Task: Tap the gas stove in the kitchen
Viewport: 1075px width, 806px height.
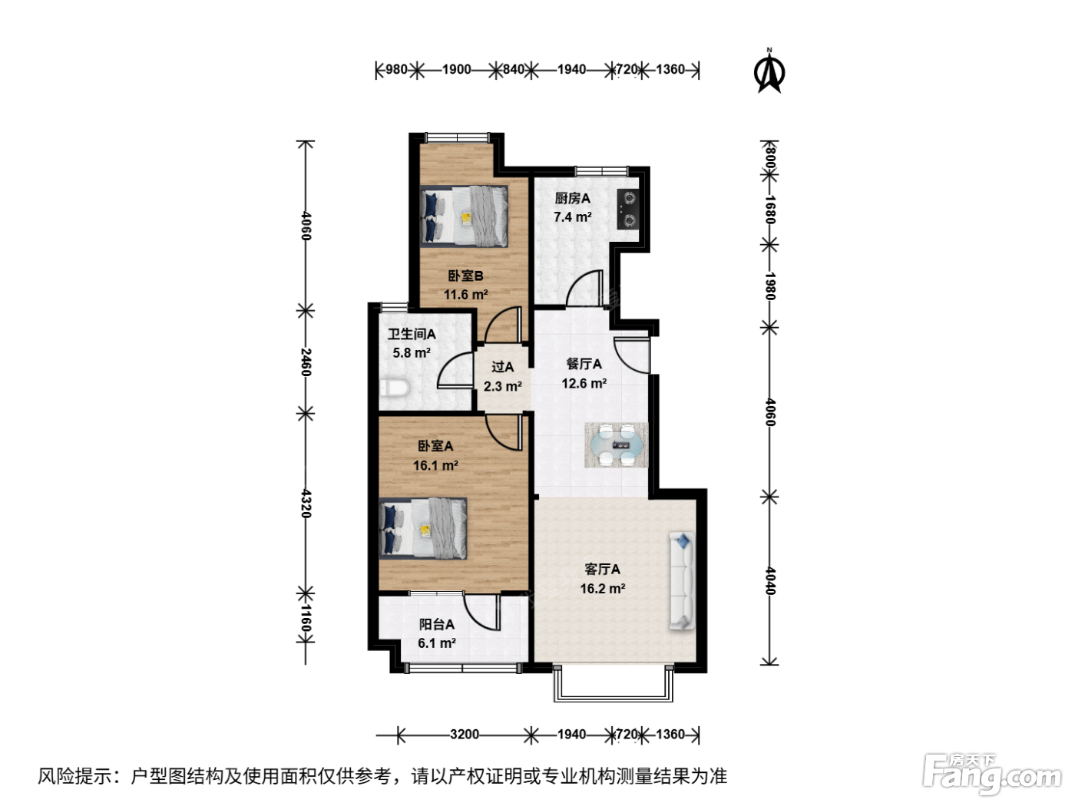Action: pos(628,209)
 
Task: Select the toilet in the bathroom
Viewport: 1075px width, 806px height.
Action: pos(394,388)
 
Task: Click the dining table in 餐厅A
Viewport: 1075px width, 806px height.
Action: pos(616,445)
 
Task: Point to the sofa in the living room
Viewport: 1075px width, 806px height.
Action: pos(682,580)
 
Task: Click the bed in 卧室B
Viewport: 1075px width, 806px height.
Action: pos(463,216)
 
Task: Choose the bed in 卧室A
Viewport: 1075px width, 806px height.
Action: pos(422,529)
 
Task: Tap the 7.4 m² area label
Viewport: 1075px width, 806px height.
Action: pos(573,216)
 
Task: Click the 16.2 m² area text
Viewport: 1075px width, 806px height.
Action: pos(603,588)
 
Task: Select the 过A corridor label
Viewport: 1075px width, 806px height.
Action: pos(502,367)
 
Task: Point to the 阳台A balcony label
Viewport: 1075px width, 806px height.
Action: pos(436,624)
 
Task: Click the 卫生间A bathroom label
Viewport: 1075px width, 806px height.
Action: pos(412,334)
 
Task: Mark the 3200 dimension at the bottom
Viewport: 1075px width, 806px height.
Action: pos(465,735)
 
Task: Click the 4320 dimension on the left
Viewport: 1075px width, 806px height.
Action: pos(306,503)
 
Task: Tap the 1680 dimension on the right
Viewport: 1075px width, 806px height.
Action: pos(770,210)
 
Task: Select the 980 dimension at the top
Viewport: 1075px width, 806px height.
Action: pos(396,70)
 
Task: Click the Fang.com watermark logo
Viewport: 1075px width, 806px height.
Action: pos(992,773)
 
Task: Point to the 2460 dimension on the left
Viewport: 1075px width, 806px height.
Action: pos(306,362)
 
